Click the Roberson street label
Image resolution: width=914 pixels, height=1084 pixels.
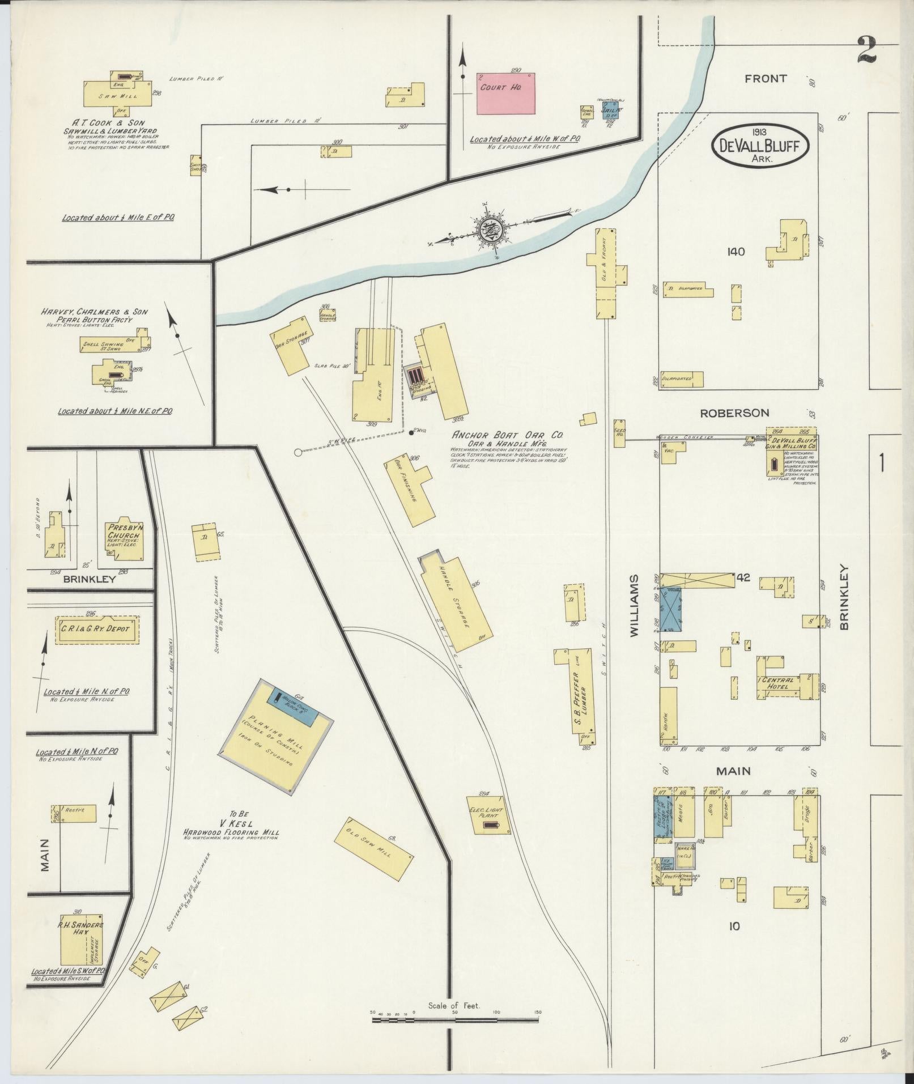pyautogui.click(x=734, y=413)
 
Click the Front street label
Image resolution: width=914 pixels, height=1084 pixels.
pyautogui.click(x=765, y=79)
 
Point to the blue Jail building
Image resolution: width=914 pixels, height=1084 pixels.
pyautogui.click(x=610, y=109)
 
